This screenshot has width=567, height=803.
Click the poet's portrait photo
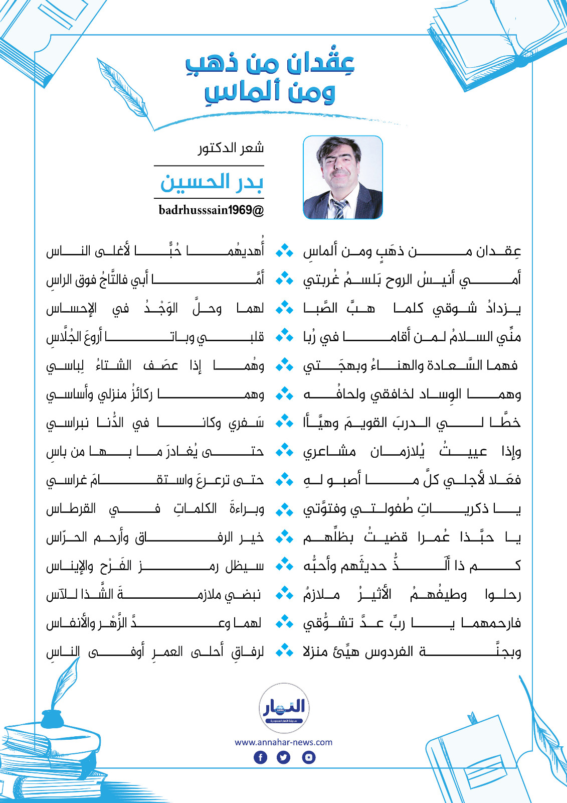tap(343, 177)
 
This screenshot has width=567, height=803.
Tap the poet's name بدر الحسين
tap(212, 182)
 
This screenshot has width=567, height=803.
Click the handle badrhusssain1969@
tap(211, 210)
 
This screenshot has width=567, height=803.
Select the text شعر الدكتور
tap(231, 148)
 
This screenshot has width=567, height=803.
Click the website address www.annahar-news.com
tap(283, 742)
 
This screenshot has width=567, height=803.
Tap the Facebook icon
tap(261, 757)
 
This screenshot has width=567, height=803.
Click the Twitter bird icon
tap(284, 757)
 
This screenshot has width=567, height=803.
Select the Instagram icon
tap(309, 757)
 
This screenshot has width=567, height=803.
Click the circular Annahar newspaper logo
tap(284, 708)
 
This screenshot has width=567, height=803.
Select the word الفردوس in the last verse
tap(389, 652)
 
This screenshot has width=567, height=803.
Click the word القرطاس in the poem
tap(71, 509)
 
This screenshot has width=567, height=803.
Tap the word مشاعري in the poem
tap(329, 452)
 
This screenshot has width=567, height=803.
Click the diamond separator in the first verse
tap(284, 250)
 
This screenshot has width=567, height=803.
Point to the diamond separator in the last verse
tap(284, 651)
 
